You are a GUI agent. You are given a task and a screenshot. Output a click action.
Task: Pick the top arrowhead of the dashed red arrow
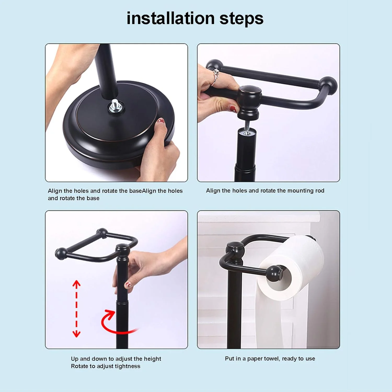pyautogui.click(x=76, y=284)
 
